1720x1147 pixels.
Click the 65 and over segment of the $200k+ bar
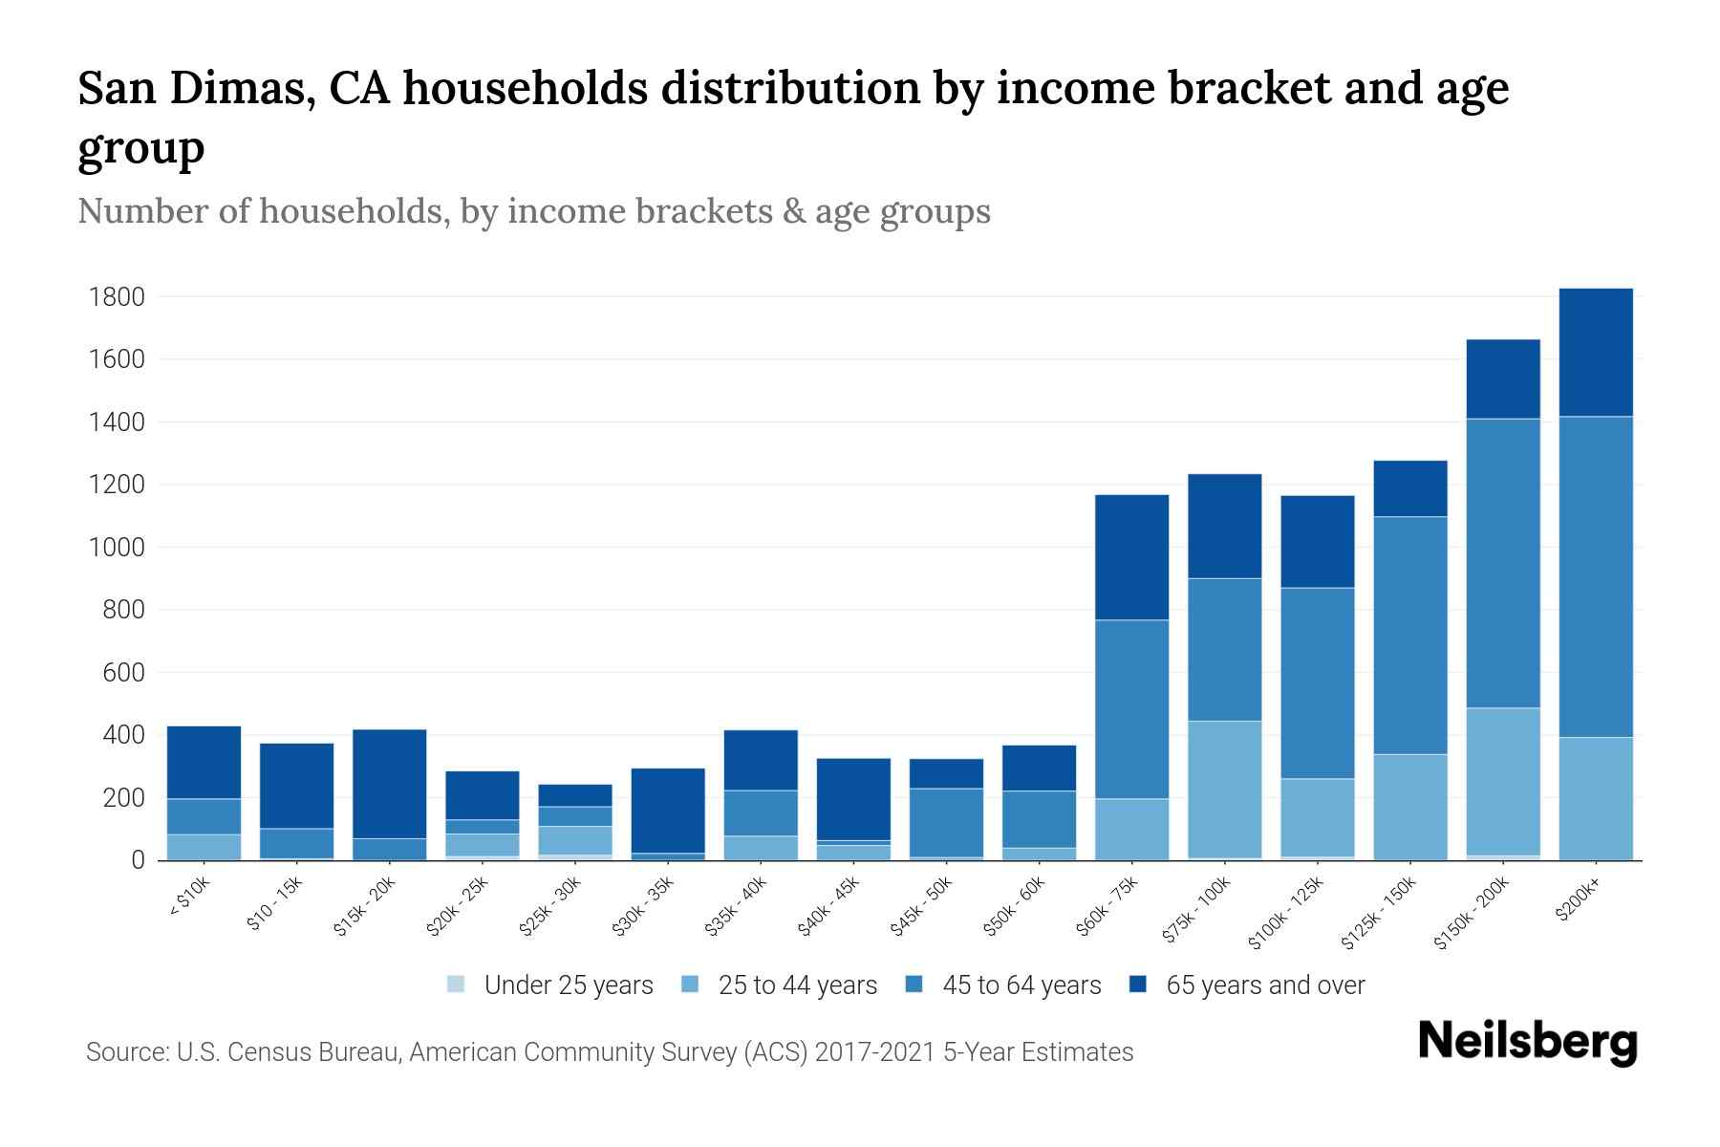[1596, 352]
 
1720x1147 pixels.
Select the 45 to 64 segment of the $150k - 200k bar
[1503, 563]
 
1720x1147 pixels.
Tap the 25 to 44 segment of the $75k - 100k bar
[1225, 790]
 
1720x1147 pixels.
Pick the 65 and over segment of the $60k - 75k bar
[1132, 557]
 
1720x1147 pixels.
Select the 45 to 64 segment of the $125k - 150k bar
[1410, 636]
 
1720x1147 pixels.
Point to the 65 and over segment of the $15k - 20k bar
[390, 784]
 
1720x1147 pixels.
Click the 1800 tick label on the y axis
[117, 297]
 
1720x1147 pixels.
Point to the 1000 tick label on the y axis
[117, 548]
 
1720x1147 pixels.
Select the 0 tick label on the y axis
[139, 860]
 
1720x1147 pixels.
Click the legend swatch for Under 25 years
[457, 985]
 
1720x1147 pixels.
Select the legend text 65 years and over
[1265, 985]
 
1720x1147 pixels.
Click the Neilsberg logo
[1527, 1042]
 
